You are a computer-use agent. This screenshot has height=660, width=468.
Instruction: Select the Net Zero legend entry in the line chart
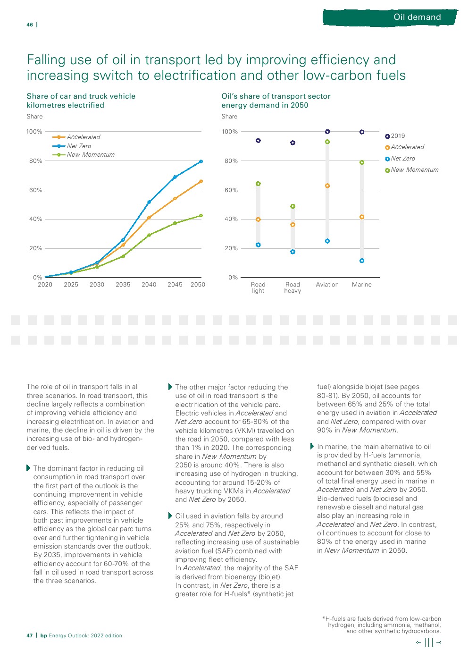pyautogui.click(x=79, y=146)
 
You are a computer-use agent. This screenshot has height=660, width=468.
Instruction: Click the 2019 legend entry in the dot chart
pyautogui.click(x=398, y=136)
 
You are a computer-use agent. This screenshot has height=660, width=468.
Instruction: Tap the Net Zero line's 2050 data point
pyautogui.click(x=201, y=161)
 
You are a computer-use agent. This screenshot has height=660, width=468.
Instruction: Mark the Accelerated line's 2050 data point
pyautogui.click(x=201, y=181)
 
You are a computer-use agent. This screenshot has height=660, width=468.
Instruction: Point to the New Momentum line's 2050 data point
pyautogui.click(x=201, y=216)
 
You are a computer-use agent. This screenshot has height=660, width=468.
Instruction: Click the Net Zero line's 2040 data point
pyautogui.click(x=149, y=202)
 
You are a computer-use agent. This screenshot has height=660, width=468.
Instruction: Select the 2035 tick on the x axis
pyautogui.click(x=123, y=285)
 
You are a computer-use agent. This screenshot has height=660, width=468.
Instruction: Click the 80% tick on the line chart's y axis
pyautogui.click(x=36, y=161)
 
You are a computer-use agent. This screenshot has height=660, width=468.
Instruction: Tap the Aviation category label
pyautogui.click(x=327, y=285)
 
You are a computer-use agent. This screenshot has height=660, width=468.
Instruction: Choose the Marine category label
pyautogui.click(x=362, y=285)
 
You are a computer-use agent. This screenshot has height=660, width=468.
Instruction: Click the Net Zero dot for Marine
pyautogui.click(x=362, y=261)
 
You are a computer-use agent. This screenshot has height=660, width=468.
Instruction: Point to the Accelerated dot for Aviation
pyautogui.click(x=327, y=186)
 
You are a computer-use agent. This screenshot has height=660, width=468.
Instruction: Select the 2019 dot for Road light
pyautogui.click(x=258, y=141)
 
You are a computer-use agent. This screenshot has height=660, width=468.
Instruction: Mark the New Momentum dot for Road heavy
pyautogui.click(x=292, y=206)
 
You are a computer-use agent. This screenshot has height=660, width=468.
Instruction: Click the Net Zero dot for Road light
pyautogui.click(x=258, y=245)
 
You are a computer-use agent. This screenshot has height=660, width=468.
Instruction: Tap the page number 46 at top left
pyautogui.click(x=30, y=25)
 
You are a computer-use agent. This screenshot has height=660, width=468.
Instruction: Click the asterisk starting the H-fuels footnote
pyautogui.click(x=324, y=618)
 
